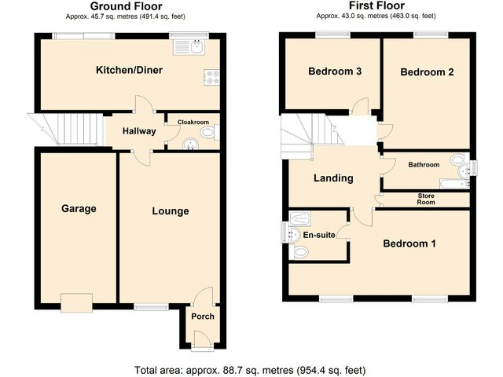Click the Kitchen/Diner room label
pos(129,70)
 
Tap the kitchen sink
pos(189,47)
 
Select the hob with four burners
pos(211,78)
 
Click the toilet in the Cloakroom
pos(211,132)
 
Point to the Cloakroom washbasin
pos(190,145)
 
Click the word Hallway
pos(139,131)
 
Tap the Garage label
pos(79,209)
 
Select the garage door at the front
pos(77,302)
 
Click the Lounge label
pos(171,211)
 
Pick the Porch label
pos(203,317)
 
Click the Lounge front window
pos(151,307)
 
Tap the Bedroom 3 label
pos(335,71)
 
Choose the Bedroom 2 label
pos(427,72)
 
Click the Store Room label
pos(426,199)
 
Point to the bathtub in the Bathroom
pos(454,184)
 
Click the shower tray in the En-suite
pos(300,218)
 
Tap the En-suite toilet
pos(299,252)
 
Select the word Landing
pos(333,178)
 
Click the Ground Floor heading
pos(126,6)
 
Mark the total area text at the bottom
pos(250,370)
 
